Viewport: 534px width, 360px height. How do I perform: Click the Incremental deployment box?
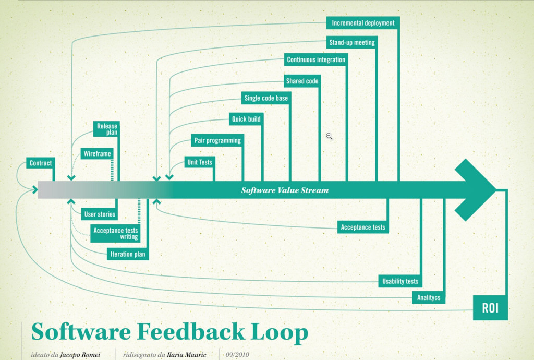(363, 23)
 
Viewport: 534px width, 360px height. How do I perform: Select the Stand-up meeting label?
(352, 42)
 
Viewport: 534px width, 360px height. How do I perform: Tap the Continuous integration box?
(316, 59)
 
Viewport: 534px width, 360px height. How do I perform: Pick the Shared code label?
(302, 81)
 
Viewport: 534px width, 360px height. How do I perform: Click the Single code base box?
(266, 98)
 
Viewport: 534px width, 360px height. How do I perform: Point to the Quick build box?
(246, 119)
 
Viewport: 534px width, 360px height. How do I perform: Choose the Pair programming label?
(217, 140)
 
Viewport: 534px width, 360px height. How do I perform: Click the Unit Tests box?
(200, 162)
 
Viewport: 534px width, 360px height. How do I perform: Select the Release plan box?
(107, 129)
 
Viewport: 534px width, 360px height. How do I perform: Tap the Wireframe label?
(97, 154)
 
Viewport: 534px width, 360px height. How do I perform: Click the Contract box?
(41, 163)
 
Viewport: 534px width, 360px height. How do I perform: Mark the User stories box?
(100, 214)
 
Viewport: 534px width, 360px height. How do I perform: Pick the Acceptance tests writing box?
(116, 233)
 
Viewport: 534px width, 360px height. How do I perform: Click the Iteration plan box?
(128, 254)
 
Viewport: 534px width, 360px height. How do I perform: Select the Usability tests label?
(400, 281)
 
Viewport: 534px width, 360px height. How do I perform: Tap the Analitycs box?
(429, 297)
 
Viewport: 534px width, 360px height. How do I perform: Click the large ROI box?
(490, 308)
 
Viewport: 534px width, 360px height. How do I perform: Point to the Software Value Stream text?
(285, 190)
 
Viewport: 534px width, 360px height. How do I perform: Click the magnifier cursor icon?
(329, 136)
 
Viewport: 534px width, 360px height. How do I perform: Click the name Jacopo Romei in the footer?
(80, 355)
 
